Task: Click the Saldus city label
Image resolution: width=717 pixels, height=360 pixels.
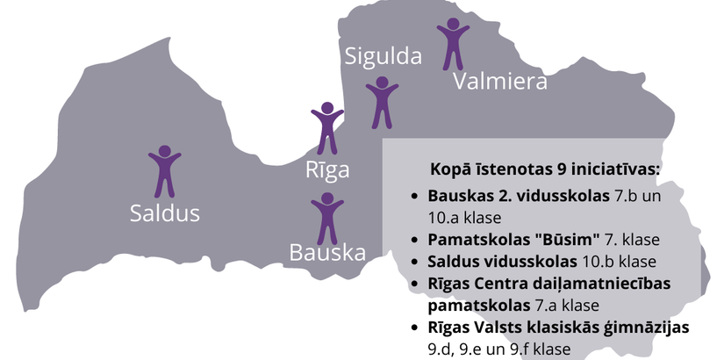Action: pyautogui.click(x=165, y=212)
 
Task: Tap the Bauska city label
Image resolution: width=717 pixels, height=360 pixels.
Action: pyautogui.click(x=327, y=253)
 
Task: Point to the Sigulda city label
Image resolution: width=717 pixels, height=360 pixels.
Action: pyautogui.click(x=383, y=56)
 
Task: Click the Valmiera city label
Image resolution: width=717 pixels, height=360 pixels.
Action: pyautogui.click(x=500, y=82)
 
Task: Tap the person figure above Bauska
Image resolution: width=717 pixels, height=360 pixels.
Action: pyautogui.click(x=327, y=218)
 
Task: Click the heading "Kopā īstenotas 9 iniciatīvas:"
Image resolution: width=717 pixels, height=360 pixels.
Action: pyautogui.click(x=545, y=168)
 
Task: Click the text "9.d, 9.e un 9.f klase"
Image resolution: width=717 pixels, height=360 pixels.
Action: pyautogui.click(x=498, y=349)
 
